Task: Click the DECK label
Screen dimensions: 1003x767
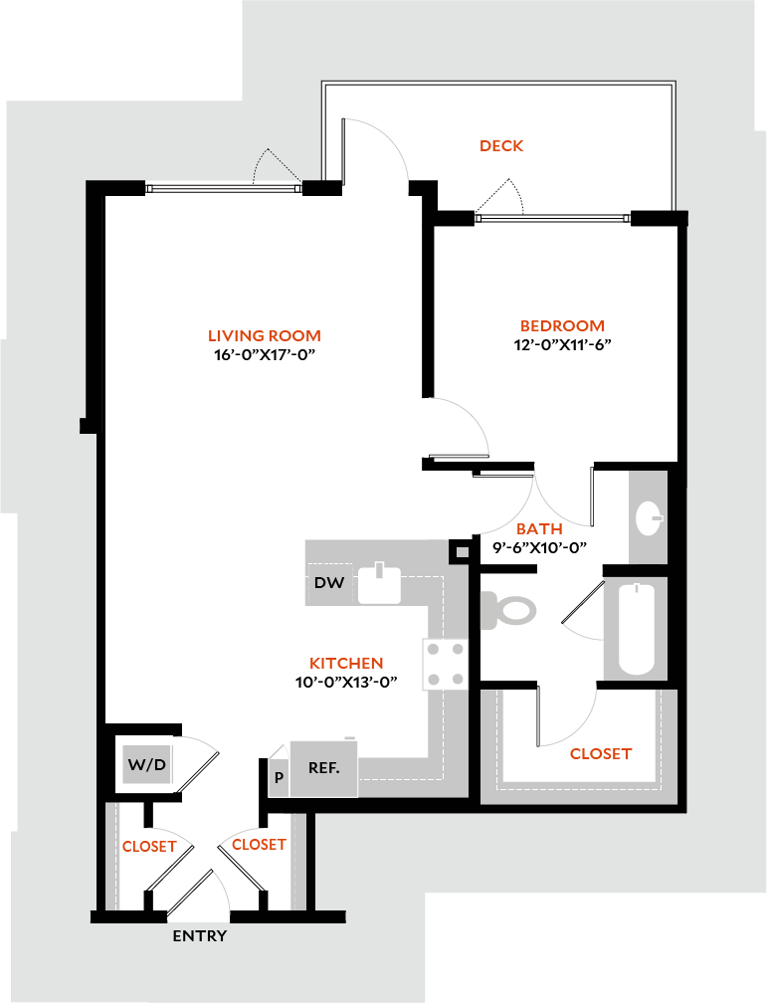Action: click(x=501, y=146)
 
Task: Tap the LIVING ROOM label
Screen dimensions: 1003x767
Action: click(x=264, y=336)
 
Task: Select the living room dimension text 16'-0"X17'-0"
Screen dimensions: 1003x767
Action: click(x=264, y=355)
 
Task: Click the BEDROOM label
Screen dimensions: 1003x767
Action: click(x=563, y=326)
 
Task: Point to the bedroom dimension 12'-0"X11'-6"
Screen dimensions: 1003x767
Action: click(x=563, y=345)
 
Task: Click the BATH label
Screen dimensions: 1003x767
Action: click(x=539, y=529)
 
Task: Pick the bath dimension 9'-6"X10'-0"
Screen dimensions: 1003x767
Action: click(x=539, y=547)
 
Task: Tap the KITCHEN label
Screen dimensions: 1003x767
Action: click(x=346, y=663)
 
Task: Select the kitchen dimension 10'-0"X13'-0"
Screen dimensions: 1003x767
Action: click(x=347, y=682)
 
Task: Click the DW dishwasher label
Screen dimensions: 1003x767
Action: click(x=329, y=583)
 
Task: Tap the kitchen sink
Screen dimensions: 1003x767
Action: click(x=379, y=584)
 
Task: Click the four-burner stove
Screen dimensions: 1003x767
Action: click(x=445, y=664)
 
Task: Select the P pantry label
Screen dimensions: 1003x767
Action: click(x=280, y=777)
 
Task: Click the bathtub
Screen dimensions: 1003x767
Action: click(x=637, y=629)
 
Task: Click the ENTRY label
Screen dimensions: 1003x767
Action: click(x=200, y=936)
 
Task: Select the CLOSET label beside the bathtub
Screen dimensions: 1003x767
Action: click(x=600, y=754)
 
